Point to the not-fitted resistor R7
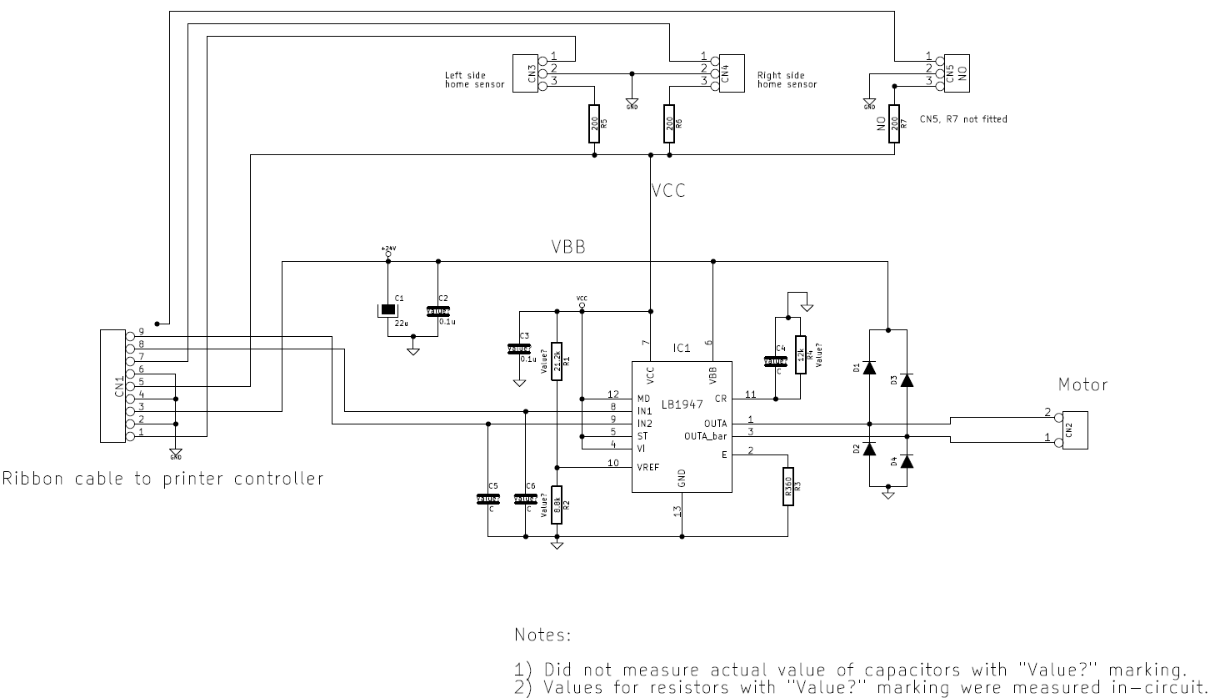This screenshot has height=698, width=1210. [x=893, y=123]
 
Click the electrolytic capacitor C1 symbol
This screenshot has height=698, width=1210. [x=388, y=311]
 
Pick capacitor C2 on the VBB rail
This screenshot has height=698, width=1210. [x=438, y=311]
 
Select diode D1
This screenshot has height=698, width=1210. [x=869, y=367]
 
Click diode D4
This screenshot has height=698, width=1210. [x=907, y=461]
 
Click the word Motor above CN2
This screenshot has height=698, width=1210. [x=1082, y=385]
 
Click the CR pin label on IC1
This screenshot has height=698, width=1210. [x=721, y=399]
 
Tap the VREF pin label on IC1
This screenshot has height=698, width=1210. [x=648, y=468]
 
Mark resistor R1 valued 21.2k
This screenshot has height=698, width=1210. [x=557, y=361]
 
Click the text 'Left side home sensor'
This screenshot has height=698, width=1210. [x=474, y=79]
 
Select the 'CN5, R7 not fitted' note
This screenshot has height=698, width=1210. [x=962, y=119]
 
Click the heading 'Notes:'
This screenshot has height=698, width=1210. [x=542, y=636]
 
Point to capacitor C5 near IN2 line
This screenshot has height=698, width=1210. [x=488, y=499]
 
